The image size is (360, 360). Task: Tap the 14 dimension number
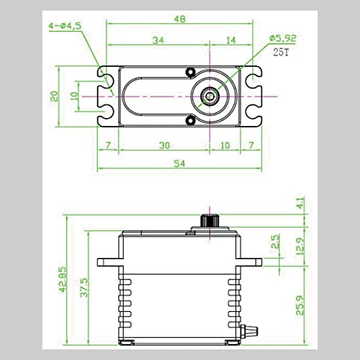[x=230, y=41]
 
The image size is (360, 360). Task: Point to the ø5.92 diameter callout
[x=276, y=39]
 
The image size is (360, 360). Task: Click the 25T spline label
[x=278, y=51]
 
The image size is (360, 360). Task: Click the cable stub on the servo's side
[x=254, y=331]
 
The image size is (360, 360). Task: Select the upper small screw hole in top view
[x=190, y=72]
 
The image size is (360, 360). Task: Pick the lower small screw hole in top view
[x=190, y=120]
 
